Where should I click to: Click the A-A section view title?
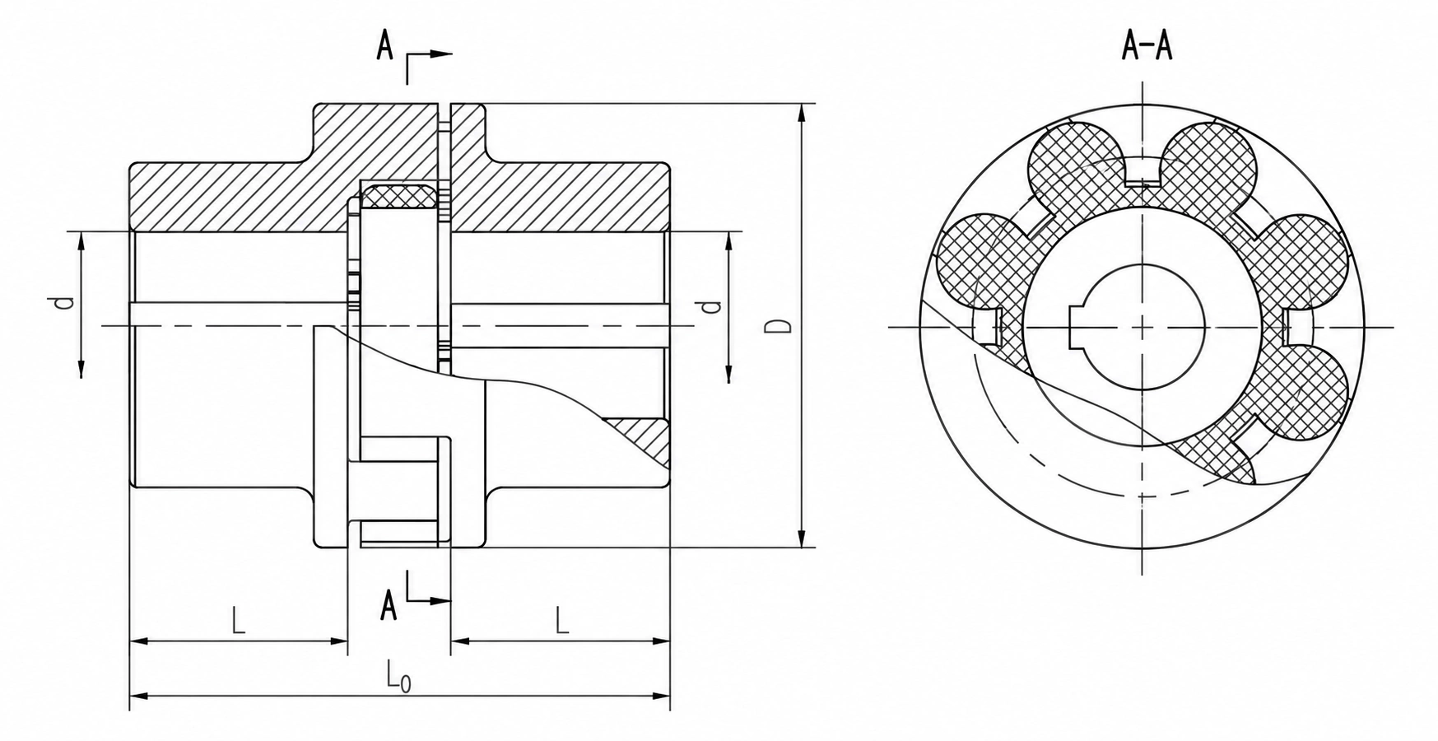point(1147,48)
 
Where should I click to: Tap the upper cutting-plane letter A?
point(384,46)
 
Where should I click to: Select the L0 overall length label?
point(398,678)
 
